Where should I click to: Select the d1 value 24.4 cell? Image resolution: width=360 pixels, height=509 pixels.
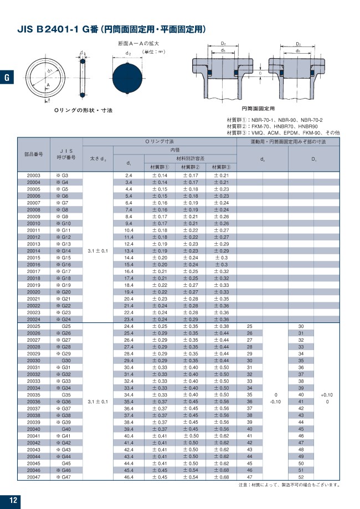(128, 326)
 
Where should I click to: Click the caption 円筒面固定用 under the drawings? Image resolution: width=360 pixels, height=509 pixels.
(259, 109)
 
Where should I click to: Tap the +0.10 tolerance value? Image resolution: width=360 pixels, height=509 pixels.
(327, 394)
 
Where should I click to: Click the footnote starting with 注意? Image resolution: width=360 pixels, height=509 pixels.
(289, 485)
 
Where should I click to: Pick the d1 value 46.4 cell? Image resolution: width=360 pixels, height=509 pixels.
(128, 476)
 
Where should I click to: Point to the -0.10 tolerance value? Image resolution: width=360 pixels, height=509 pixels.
(275, 402)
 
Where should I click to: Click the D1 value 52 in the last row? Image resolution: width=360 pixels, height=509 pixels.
(301, 476)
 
